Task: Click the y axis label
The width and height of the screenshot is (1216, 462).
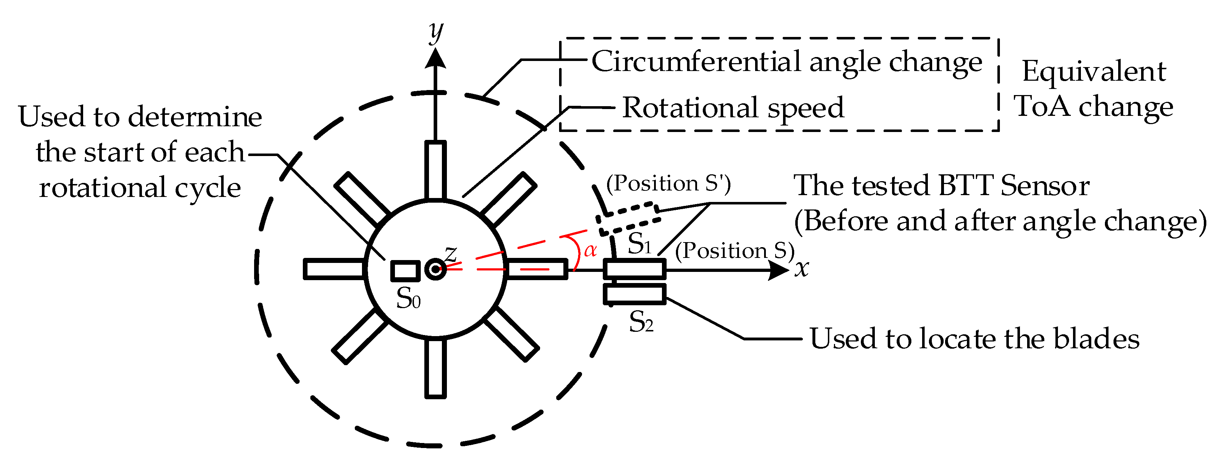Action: (436, 32)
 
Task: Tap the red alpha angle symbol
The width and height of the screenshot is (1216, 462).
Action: (590, 250)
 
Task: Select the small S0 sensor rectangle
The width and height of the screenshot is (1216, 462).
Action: (405, 271)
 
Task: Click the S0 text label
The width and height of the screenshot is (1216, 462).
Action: (408, 298)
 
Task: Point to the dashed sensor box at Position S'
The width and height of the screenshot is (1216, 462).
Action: (628, 219)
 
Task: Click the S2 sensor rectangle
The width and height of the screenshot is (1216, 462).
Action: (634, 294)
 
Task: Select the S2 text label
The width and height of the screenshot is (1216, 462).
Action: (641, 322)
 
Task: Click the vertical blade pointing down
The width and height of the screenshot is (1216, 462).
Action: (435, 368)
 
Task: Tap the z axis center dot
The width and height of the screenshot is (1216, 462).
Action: (435, 269)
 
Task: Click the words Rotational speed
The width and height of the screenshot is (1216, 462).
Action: (733, 108)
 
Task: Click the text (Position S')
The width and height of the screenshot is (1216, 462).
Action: (668, 183)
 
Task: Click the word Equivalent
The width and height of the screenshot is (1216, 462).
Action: (1094, 71)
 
